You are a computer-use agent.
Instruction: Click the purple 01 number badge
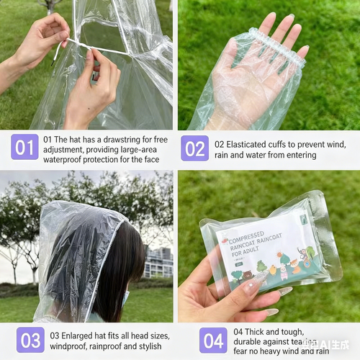pyautogui.click(x=25, y=148)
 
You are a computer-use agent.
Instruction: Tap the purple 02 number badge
pyautogui.click(x=194, y=148)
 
